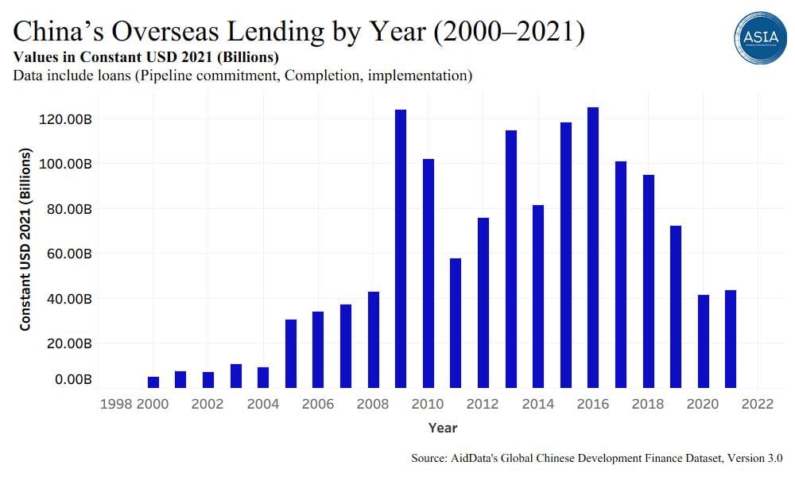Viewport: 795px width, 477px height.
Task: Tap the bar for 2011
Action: (x=456, y=323)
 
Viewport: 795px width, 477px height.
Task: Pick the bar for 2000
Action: (x=153, y=382)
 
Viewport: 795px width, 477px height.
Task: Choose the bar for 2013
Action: (x=510, y=259)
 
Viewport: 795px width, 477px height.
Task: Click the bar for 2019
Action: (x=676, y=307)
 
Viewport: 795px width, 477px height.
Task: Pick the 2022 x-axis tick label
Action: (x=757, y=404)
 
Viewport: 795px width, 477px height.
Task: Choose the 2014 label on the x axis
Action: (x=537, y=404)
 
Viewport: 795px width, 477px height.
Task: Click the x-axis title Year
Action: (x=443, y=428)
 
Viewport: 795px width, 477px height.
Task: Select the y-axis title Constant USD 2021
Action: (x=25, y=238)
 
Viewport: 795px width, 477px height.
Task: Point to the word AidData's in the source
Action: (x=478, y=459)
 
